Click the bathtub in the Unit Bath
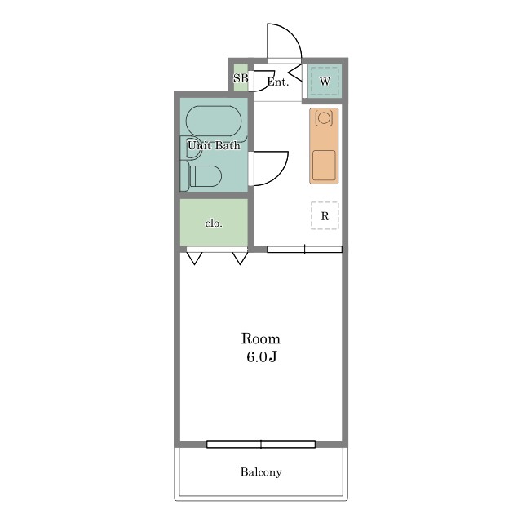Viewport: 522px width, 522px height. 214,121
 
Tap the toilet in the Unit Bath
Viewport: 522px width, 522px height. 201,176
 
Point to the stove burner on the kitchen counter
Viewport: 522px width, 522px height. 324,117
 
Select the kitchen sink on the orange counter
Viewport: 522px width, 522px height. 324,165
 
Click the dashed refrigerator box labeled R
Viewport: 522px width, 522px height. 325,215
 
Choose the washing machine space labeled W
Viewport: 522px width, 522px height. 325,82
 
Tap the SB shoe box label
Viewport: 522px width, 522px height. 241,78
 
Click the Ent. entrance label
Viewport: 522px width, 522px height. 278,82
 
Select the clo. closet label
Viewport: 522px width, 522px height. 214,223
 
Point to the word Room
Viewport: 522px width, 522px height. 261,338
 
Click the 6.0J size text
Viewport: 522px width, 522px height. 262,357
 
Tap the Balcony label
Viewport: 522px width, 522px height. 261,472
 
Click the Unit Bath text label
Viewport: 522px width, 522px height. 214,145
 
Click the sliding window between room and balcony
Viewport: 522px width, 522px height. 261,444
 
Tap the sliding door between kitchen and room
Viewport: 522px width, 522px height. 304,249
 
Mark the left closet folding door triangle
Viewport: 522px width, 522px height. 194,259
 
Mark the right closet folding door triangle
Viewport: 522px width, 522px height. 240,259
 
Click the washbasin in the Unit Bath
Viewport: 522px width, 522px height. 191,148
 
